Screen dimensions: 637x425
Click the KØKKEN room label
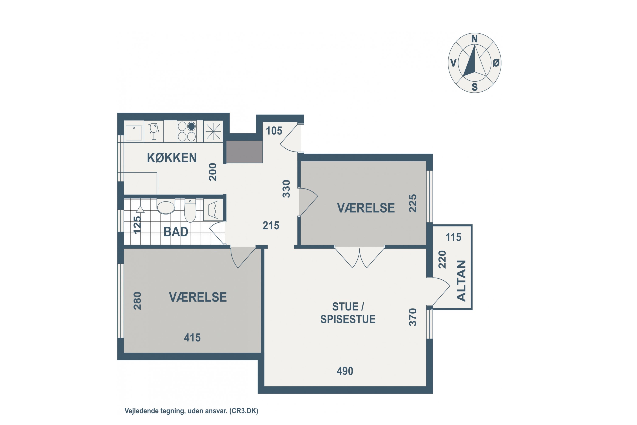click(x=172, y=158)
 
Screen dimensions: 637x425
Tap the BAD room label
click(x=176, y=232)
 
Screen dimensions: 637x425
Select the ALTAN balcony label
click(x=461, y=281)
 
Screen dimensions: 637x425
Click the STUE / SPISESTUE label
click(x=348, y=313)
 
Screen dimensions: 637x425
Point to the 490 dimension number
click(x=345, y=371)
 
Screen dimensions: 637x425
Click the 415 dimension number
click(x=192, y=337)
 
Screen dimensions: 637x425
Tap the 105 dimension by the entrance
click(x=274, y=131)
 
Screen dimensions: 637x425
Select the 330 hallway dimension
click(x=286, y=189)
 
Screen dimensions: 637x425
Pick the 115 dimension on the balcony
click(x=453, y=237)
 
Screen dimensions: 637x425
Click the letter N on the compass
click(x=474, y=39)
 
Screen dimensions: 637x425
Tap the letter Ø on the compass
click(x=496, y=63)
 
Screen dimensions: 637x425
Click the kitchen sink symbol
click(x=134, y=133)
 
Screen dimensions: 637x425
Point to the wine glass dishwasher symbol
click(x=154, y=132)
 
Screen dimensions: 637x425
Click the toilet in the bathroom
click(x=190, y=211)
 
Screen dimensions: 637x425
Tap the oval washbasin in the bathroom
click(x=166, y=208)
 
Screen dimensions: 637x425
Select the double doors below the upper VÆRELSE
click(x=359, y=258)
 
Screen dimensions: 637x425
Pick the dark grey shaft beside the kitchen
click(x=244, y=152)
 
